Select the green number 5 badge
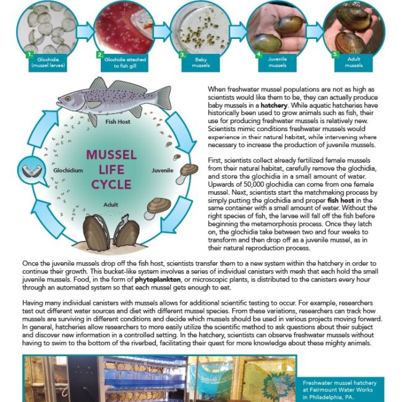point(335,54)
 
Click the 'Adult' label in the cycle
point(111,203)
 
